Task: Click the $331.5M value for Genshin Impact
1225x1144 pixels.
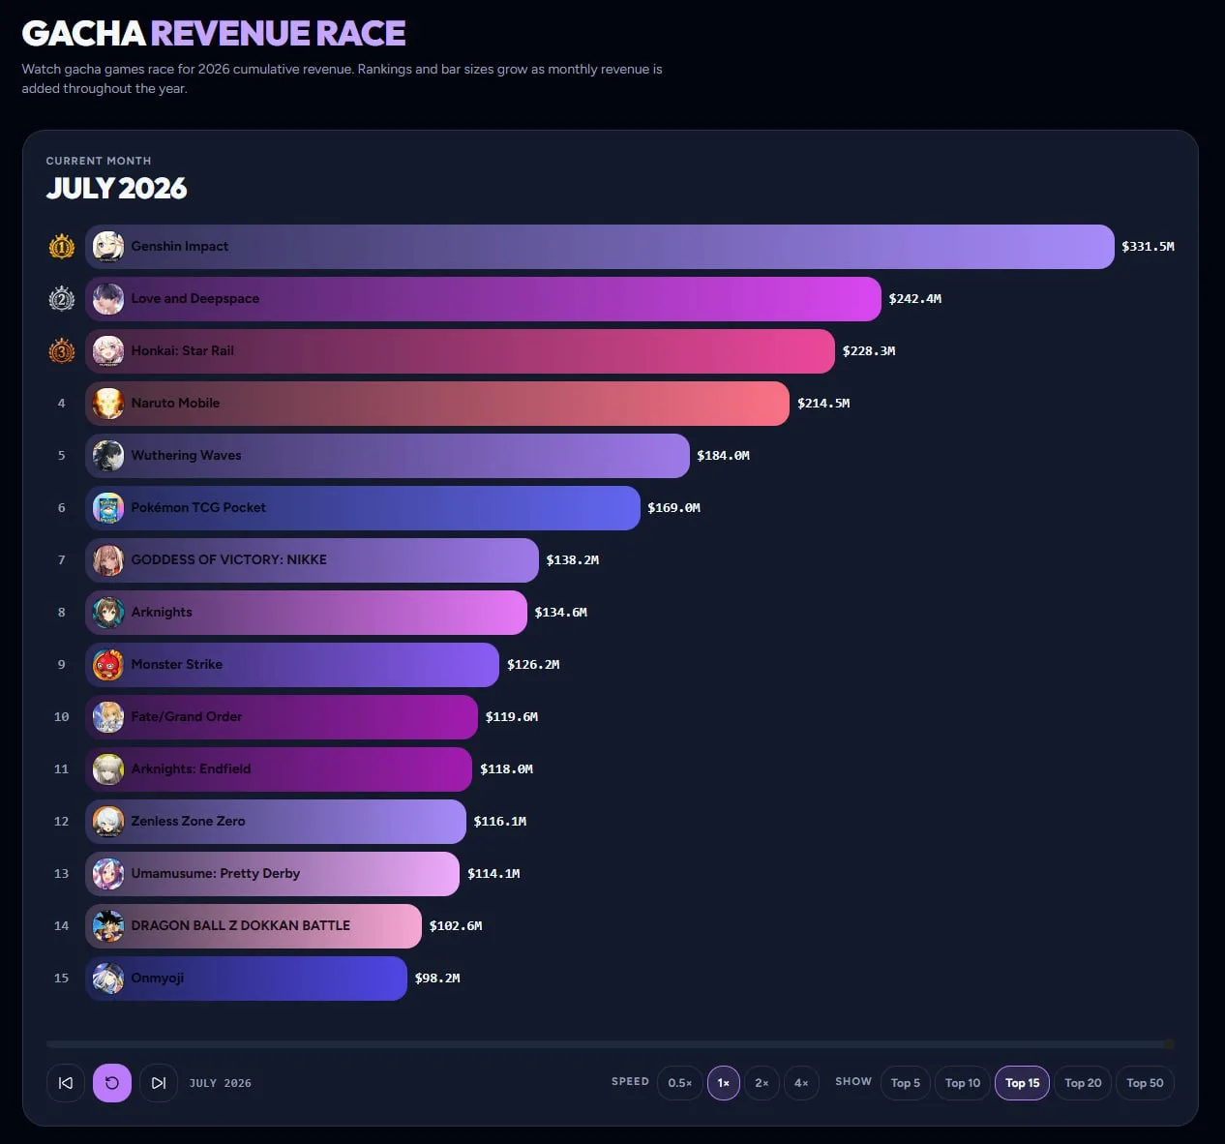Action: point(1148,247)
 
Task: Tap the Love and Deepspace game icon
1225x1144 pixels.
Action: point(108,299)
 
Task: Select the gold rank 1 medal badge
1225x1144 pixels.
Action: point(62,247)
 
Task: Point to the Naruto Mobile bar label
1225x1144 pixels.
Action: point(175,403)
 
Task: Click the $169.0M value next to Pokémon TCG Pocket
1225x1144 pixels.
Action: point(673,508)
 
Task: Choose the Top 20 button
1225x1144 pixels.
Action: point(1083,1083)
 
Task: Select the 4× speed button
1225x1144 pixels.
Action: point(801,1083)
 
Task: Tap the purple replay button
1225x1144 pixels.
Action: point(112,1083)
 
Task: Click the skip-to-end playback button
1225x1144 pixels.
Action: point(159,1083)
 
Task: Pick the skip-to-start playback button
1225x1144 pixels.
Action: point(66,1083)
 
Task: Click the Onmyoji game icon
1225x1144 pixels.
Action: point(108,978)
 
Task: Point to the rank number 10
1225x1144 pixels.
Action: point(62,717)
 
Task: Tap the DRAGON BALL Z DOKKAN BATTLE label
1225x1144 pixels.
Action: point(241,925)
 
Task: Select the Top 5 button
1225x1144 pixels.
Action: point(905,1083)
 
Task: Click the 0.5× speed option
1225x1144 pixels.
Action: point(679,1083)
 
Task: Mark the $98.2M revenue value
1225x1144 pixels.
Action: point(437,978)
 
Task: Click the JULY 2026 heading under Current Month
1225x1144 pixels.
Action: point(116,188)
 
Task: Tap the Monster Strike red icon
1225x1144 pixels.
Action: point(108,665)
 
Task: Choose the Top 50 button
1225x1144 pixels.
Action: point(1145,1083)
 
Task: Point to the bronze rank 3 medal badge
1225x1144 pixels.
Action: point(62,351)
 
